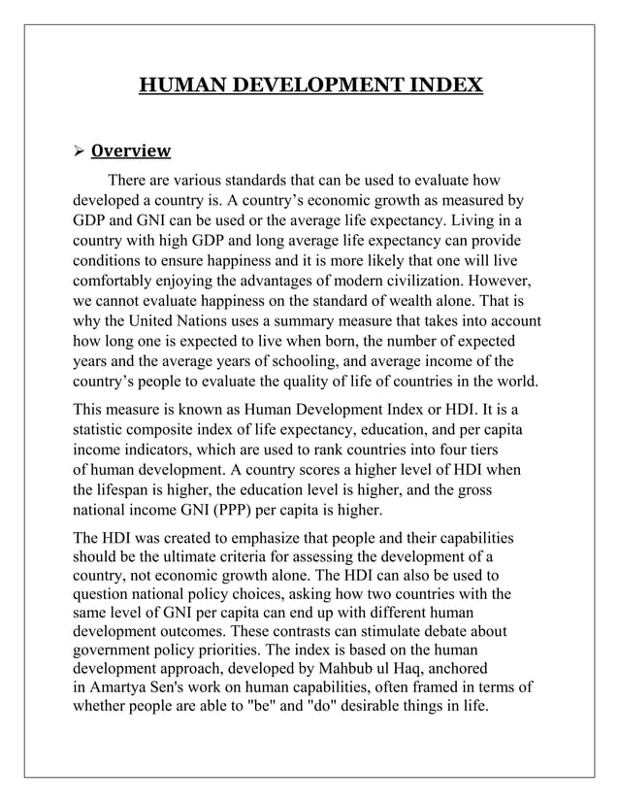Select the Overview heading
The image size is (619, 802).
pyautogui.click(x=130, y=150)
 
